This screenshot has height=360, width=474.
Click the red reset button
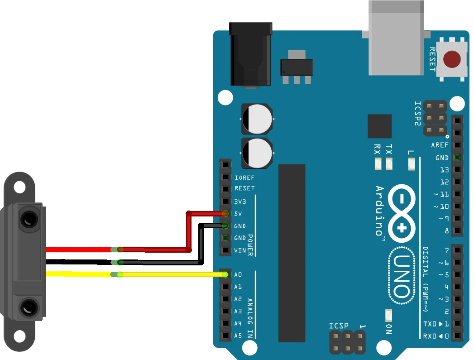pos(452,59)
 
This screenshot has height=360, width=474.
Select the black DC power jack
pos(251,54)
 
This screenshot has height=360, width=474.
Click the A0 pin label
pos(238,274)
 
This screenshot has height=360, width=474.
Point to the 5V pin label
pos(238,213)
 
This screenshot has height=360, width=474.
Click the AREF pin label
pos(440,145)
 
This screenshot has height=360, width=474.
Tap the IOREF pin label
pos(245,178)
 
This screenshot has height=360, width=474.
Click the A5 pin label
pos(238,336)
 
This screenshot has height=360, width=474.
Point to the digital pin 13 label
pos(444,170)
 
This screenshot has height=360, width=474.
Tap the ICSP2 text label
pos(418,113)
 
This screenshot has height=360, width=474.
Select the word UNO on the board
pos(400,276)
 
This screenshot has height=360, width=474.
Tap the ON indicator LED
pos(388,314)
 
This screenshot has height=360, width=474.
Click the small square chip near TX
pos(379,126)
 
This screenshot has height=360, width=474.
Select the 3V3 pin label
pos(240,201)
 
